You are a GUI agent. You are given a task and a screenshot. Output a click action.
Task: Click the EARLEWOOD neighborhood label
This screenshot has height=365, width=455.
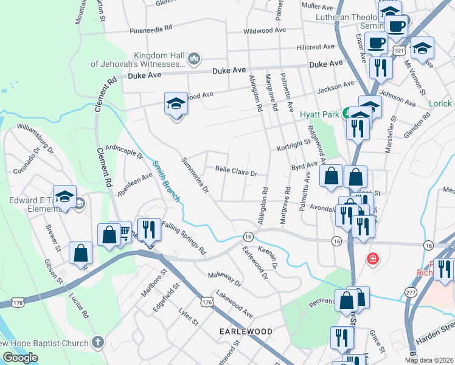point(246,332)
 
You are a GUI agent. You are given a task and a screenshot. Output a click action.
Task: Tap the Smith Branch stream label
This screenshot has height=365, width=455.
point(166,181)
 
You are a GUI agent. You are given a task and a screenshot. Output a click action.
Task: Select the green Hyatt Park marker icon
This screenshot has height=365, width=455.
point(346,113)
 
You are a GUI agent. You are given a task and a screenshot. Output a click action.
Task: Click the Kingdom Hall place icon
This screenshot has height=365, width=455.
point(194,59)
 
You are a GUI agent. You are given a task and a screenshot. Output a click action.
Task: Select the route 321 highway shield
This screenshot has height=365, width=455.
point(398,48)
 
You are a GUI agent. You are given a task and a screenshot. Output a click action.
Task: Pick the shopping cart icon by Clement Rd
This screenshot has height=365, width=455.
point(124,232)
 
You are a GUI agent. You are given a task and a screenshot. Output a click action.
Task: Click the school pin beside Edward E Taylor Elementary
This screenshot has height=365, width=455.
point(64,196)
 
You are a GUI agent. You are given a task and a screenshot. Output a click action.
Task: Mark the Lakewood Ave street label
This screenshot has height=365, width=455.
point(234,304)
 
